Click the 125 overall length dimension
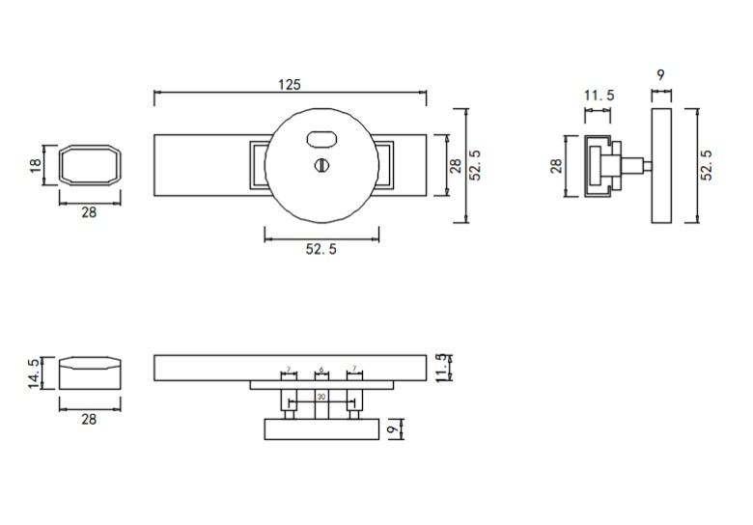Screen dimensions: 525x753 pyautogui.click(x=290, y=84)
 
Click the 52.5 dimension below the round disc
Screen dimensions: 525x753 pyautogui.click(x=321, y=249)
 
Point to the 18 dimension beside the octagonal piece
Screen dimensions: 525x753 pyautogui.click(x=37, y=166)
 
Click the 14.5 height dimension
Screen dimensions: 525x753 pyautogui.click(x=35, y=373)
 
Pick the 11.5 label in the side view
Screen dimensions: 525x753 pyautogui.click(x=600, y=96)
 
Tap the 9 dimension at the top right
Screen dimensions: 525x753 pyautogui.click(x=661, y=74)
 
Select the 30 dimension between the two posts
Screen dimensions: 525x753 pyautogui.click(x=321, y=397)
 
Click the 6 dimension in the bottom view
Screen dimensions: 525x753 pyautogui.click(x=321, y=369)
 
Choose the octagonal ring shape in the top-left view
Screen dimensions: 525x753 pyautogui.click(x=90, y=166)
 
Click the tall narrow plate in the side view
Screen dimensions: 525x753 pyautogui.click(x=662, y=166)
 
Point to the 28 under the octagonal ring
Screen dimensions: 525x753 pyautogui.click(x=89, y=213)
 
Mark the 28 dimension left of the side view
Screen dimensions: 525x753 pyautogui.click(x=556, y=166)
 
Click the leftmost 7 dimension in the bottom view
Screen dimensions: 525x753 pyautogui.click(x=288, y=369)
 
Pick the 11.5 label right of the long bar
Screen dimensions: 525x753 pyautogui.click(x=442, y=369)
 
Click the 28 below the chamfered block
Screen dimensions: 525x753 pyautogui.click(x=89, y=420)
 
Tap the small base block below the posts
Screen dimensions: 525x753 pyautogui.click(x=321, y=428)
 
